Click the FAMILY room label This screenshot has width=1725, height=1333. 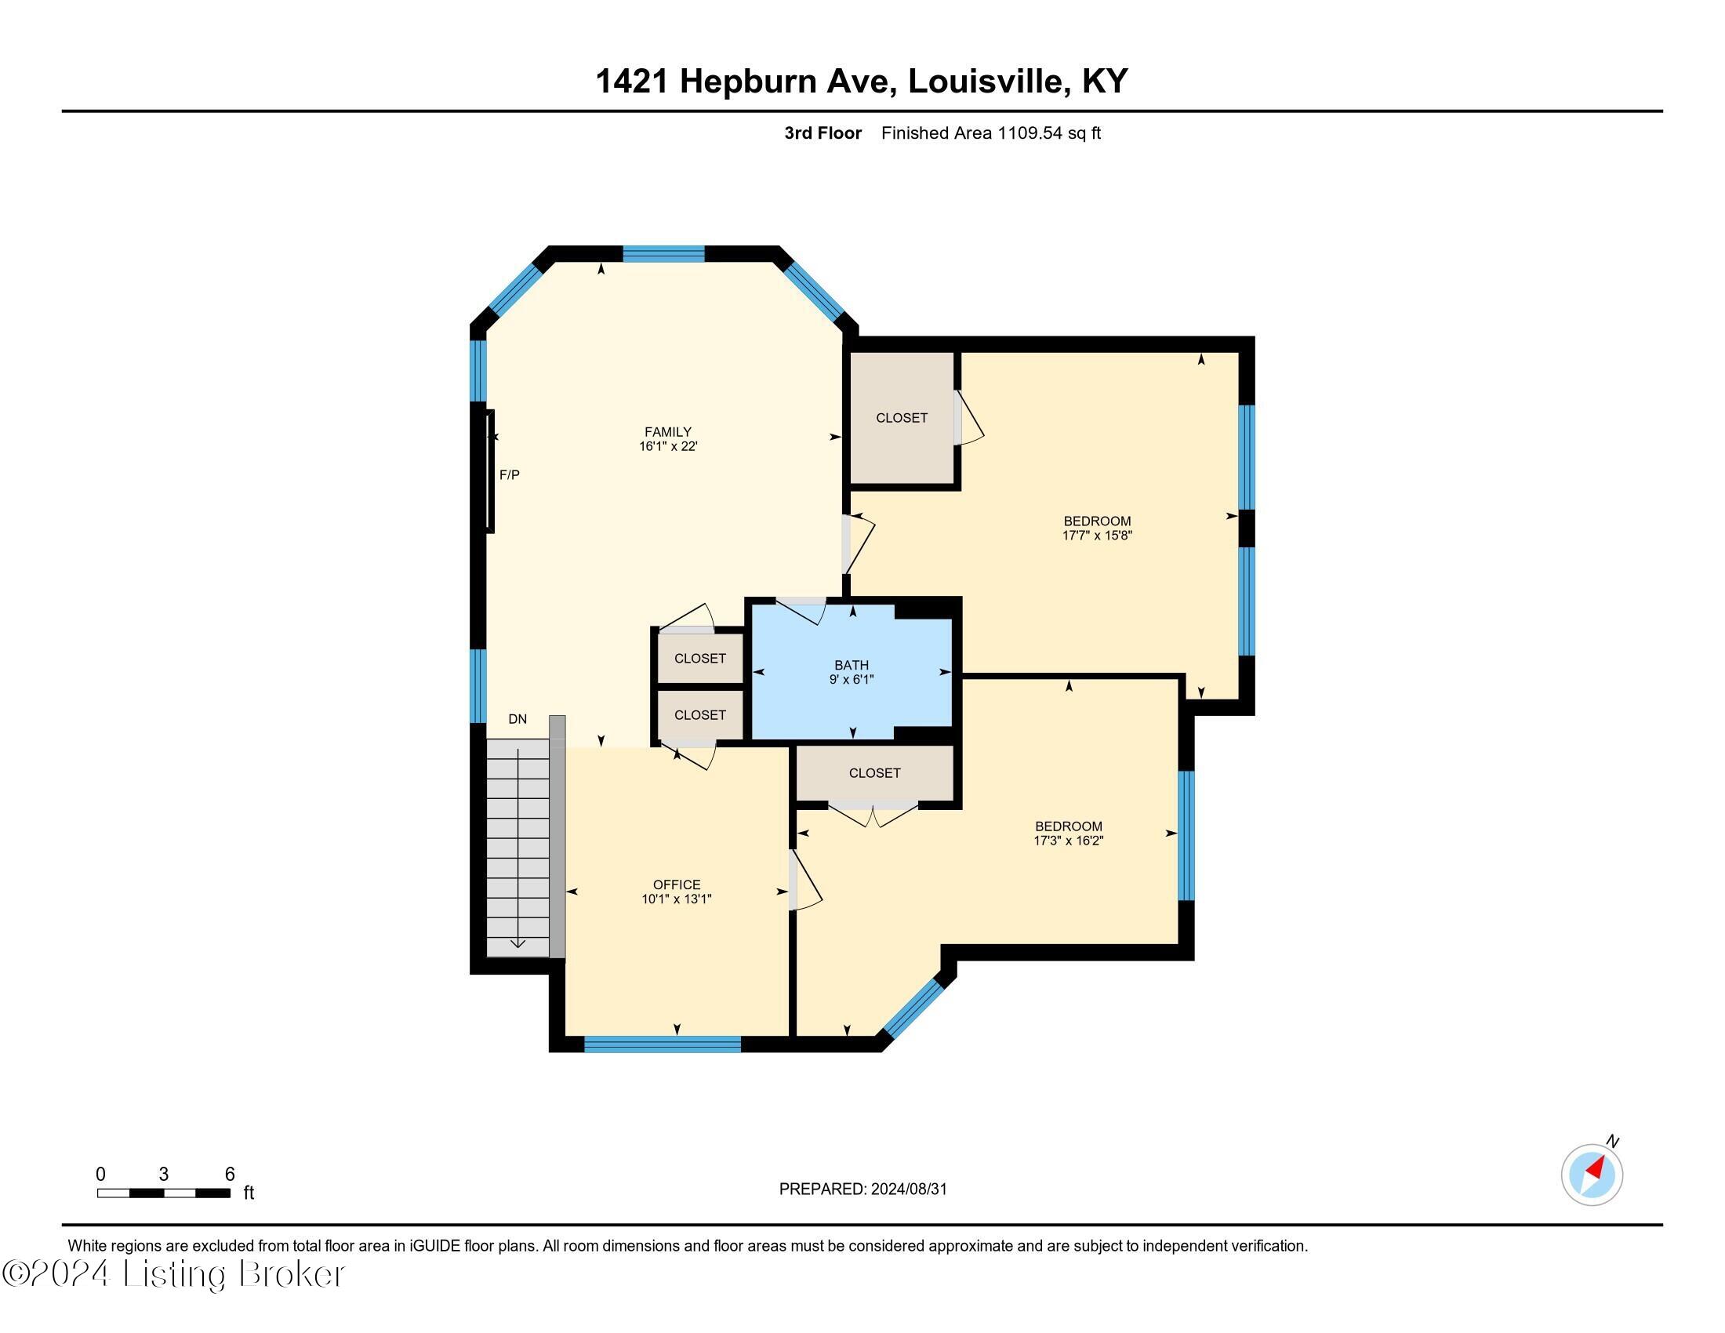coord(667,432)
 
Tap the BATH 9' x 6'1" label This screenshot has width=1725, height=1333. coord(852,672)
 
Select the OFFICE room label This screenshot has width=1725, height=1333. coord(676,884)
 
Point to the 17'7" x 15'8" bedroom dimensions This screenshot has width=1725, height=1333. coord(1097,536)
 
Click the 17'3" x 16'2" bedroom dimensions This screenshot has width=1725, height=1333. coord(1068,841)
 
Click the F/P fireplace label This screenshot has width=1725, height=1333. coord(510,475)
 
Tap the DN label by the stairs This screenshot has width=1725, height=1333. coord(517,718)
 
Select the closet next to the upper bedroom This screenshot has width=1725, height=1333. coord(901,418)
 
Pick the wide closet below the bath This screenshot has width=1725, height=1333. coord(874,773)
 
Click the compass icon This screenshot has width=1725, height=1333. coord(1592,1175)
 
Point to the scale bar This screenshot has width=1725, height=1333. coord(164,1193)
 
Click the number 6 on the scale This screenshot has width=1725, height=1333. coord(230,1175)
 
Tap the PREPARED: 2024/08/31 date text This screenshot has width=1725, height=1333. coord(862,1190)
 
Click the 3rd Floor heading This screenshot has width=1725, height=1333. coord(823,133)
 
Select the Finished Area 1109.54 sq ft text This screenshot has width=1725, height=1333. coord(990,133)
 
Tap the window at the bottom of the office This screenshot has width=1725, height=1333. coord(662,1044)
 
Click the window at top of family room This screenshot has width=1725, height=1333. coord(663,253)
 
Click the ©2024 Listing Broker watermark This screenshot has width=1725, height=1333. coord(174,1274)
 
